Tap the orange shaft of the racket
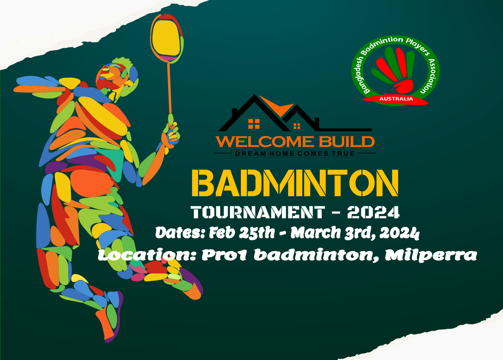(x=169, y=87)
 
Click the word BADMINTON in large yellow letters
(x=295, y=183)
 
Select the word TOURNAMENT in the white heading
(x=258, y=212)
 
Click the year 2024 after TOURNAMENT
(x=373, y=212)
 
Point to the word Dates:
(x=180, y=233)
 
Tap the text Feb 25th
(x=242, y=233)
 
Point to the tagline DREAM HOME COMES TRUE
(x=295, y=154)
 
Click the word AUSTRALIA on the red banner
(x=396, y=99)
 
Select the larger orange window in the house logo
(x=254, y=124)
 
